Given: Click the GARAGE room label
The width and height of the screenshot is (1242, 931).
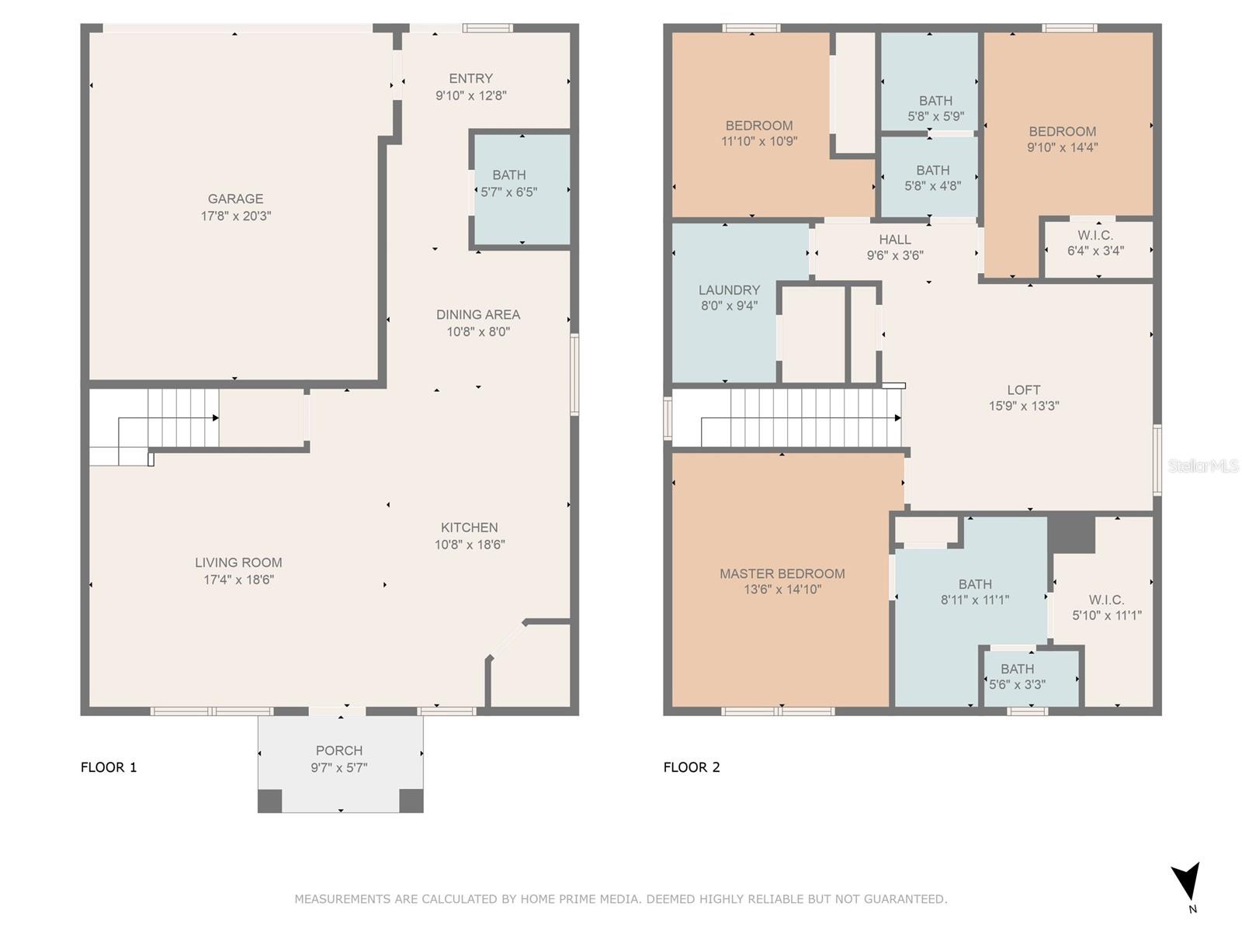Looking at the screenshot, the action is pos(235,199).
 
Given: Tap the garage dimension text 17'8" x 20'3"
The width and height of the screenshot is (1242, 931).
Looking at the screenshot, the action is pos(236,216).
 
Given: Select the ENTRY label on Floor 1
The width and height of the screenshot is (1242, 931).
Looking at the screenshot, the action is pos(470,78).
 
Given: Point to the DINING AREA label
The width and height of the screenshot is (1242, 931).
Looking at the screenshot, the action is pos(478,315).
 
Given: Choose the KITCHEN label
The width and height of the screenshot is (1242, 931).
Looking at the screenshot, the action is pos(470,528).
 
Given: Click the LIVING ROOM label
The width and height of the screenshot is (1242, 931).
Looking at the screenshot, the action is pos(238,563).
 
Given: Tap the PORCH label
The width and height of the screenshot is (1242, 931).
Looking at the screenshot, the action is pos(339,751).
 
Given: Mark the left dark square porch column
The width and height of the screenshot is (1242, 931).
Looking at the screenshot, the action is pos(270,801).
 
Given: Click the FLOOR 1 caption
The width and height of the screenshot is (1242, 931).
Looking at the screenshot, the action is pos(109,767).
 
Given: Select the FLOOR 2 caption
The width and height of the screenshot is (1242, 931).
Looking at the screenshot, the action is pos(692,767).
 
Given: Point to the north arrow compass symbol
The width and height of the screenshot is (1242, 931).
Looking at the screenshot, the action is pos(1186,882).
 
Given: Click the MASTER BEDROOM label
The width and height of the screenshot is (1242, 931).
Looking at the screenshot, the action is pos(782,574).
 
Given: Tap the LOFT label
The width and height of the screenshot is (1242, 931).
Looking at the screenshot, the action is pos(1024,390).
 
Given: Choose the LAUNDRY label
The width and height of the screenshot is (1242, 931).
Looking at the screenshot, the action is pos(730,290).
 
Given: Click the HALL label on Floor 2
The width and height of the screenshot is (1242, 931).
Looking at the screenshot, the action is pos(895,240).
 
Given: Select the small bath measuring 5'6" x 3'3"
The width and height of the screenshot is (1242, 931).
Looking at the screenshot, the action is pos(1031,677).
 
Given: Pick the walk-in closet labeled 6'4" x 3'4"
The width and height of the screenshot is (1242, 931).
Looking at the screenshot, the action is pos(1098,249).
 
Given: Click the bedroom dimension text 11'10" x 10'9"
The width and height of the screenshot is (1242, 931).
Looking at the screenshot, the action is pos(759,141).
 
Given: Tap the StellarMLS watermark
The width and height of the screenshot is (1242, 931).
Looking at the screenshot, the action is pos(1203,465).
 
